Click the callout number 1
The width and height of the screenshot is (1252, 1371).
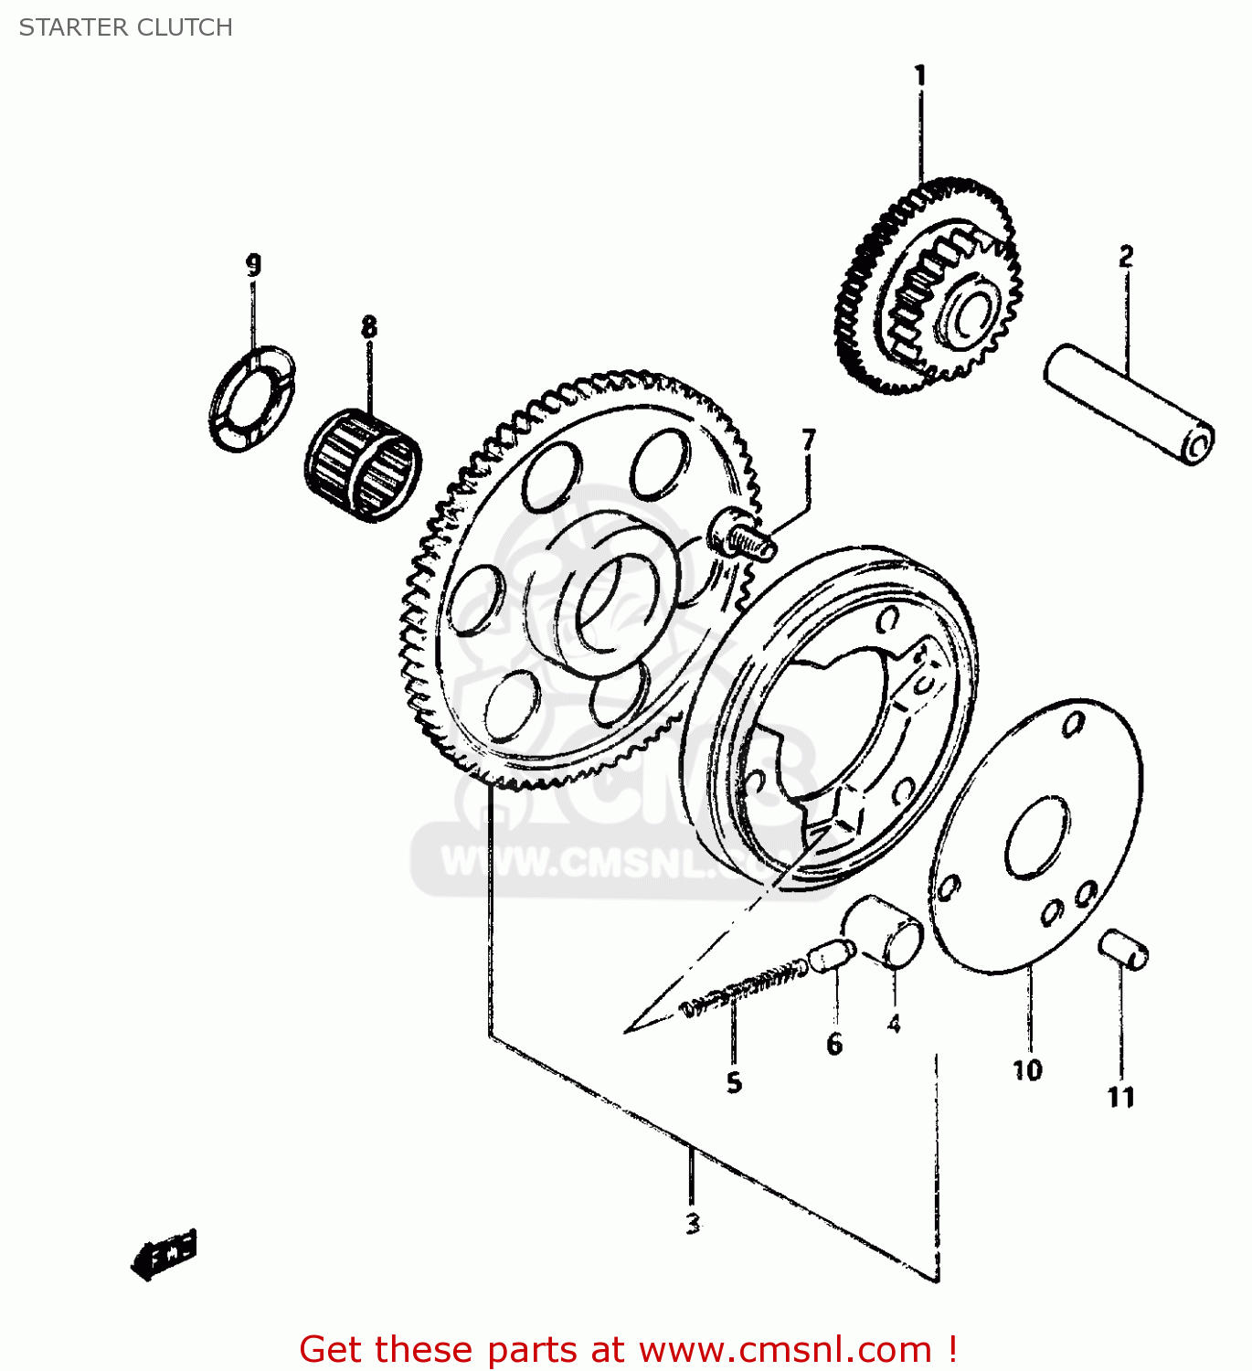pyautogui.click(x=920, y=75)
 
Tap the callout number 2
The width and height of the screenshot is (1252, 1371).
pyautogui.click(x=1126, y=257)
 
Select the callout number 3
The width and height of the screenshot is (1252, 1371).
pyautogui.click(x=693, y=1223)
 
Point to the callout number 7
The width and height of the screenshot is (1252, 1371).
pyautogui.click(x=808, y=441)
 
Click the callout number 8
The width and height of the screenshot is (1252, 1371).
pyautogui.click(x=368, y=326)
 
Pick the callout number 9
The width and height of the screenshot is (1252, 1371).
pyautogui.click(x=253, y=264)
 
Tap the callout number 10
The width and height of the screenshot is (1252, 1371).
pyautogui.click(x=1026, y=1070)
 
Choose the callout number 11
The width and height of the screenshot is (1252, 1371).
pyautogui.click(x=1120, y=1097)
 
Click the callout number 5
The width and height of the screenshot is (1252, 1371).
pyautogui.click(x=734, y=1083)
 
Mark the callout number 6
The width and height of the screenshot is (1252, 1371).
pyautogui.click(x=833, y=1044)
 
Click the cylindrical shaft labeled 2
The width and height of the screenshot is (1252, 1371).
pyautogui.click(x=1129, y=403)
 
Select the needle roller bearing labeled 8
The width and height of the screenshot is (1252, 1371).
pyautogui.click(x=363, y=465)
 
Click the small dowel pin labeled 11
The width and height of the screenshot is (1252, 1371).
pyautogui.click(x=1123, y=950)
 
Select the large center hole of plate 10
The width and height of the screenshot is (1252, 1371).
pyautogui.click(x=1037, y=836)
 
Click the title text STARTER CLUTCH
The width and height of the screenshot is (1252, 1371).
pyautogui.click(x=126, y=27)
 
